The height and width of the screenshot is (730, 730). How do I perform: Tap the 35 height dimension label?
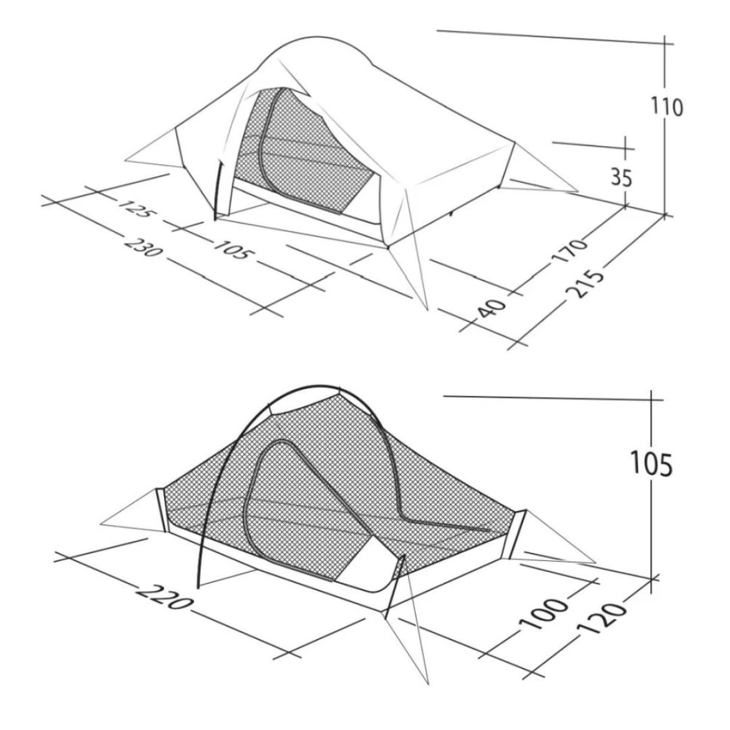[622, 178]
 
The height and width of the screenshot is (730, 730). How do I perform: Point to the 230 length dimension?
[143, 246]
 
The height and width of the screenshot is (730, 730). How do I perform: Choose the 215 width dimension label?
[585, 283]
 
